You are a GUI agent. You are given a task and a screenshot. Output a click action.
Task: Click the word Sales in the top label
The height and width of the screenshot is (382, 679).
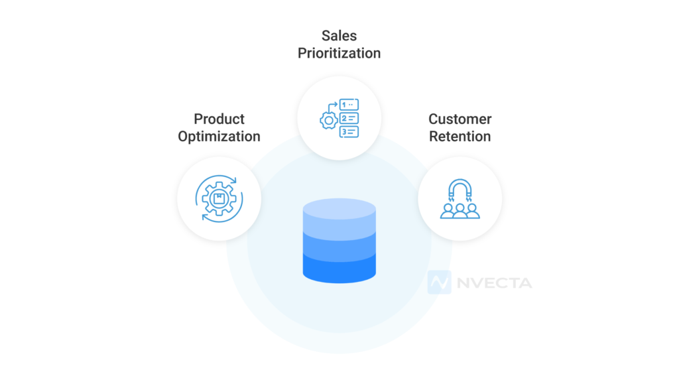(x=339, y=34)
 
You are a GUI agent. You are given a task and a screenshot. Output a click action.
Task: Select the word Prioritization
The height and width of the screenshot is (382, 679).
(x=339, y=53)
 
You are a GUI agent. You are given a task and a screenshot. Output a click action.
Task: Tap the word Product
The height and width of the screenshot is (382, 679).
(x=219, y=119)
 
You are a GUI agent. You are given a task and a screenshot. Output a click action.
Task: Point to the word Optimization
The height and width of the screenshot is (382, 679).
(x=219, y=137)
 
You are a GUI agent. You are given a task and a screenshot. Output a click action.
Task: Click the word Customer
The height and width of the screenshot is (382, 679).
(x=460, y=119)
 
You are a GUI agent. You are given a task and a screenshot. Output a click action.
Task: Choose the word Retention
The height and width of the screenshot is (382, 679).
(x=460, y=137)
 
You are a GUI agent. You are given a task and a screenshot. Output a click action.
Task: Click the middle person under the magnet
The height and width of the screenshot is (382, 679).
(x=460, y=212)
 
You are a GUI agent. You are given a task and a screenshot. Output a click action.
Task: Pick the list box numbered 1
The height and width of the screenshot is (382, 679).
(x=349, y=104)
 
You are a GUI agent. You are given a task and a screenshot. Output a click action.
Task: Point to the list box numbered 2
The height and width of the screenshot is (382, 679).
(x=349, y=118)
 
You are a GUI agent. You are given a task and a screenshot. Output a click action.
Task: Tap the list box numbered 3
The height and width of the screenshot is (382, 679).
(x=349, y=131)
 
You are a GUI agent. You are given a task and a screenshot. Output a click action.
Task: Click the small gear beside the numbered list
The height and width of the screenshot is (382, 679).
(x=328, y=122)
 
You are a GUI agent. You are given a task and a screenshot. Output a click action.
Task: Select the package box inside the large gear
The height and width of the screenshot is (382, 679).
(x=219, y=197)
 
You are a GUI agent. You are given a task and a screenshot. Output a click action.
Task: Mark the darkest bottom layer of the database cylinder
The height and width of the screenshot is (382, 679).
(x=339, y=267)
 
